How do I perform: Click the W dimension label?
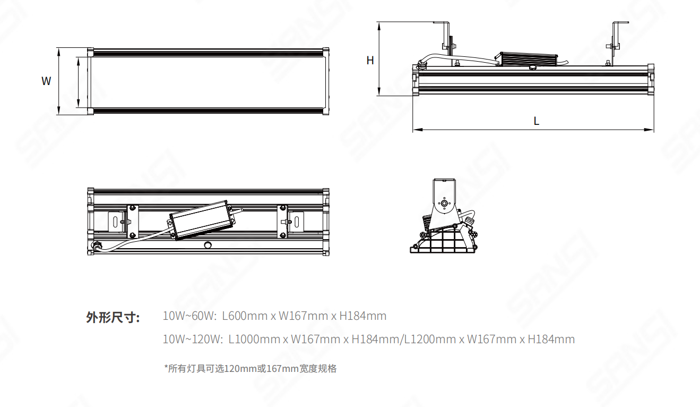tap(47, 81)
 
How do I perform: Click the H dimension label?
tap(370, 61)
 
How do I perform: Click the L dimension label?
tap(537, 121)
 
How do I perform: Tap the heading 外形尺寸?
tap(113, 318)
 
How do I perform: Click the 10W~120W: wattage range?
tap(192, 339)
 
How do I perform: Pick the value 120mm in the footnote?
tap(240, 369)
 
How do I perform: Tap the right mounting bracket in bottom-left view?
tap(296, 221)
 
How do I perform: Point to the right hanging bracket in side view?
tap(616, 37)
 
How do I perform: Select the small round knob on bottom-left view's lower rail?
tap(208, 245)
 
